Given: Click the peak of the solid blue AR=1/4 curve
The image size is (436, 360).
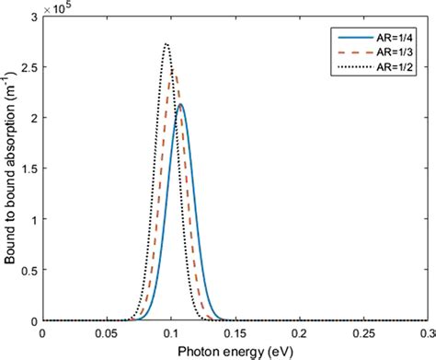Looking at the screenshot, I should [181, 105].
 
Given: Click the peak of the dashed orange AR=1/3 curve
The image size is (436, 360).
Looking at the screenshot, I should [174, 70].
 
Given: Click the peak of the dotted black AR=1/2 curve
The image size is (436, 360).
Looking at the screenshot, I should [166, 44].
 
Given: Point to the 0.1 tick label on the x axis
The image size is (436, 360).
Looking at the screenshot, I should [173, 333].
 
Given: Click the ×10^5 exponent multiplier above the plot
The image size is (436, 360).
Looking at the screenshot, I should [60, 8].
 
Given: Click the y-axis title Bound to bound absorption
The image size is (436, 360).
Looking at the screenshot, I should [10, 168].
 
